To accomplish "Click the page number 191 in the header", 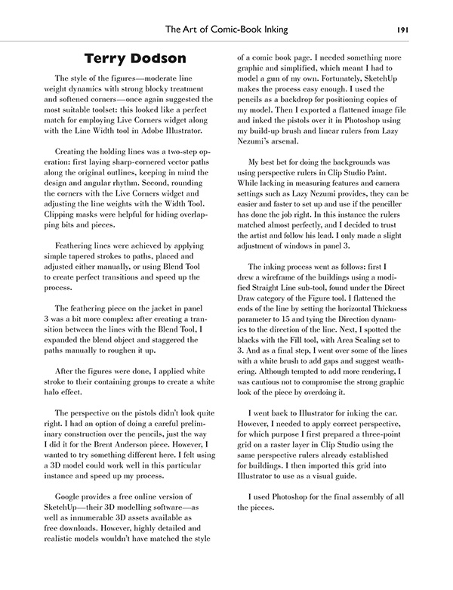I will (x=402, y=30).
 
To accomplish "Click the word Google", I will (x=72, y=493).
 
